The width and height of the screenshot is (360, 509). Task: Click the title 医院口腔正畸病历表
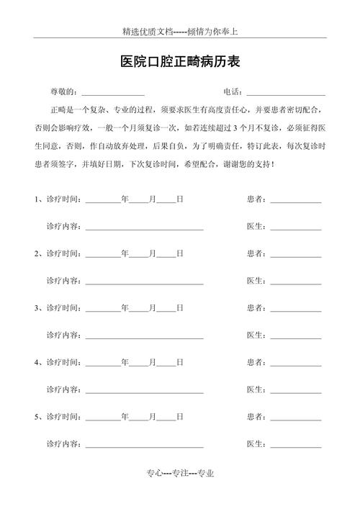(179, 63)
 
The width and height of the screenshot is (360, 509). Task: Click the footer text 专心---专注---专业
(180, 472)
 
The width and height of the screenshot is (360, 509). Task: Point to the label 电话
(232, 92)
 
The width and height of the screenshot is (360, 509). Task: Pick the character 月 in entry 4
(152, 362)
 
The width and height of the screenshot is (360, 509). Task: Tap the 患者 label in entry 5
(256, 416)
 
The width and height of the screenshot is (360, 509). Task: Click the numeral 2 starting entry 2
(37, 253)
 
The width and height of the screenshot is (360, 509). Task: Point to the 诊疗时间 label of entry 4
(63, 362)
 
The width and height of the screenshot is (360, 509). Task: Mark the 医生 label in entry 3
(256, 335)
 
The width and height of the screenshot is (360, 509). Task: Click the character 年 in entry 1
(125, 199)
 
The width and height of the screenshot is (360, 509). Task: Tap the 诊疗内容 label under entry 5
(63, 443)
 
